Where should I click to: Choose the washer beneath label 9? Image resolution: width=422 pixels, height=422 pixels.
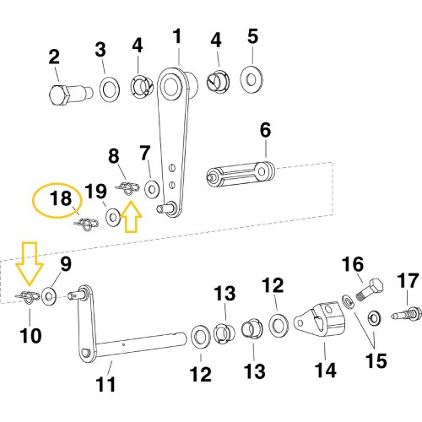point(49,295)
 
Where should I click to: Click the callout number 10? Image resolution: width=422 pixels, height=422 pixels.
point(30,336)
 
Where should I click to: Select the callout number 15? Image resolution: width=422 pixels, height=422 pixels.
point(376,360)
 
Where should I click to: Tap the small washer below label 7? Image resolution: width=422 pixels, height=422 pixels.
point(152,187)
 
